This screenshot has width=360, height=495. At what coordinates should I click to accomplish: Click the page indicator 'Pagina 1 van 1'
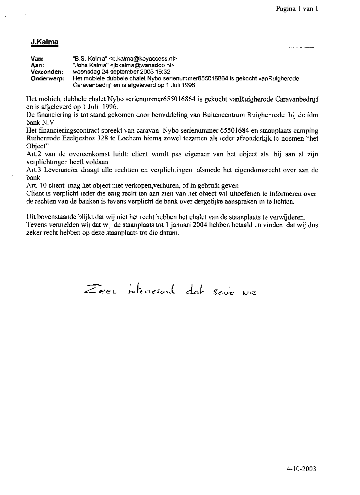[x=296, y=9]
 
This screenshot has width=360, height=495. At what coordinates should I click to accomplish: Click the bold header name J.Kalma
[x=44, y=42]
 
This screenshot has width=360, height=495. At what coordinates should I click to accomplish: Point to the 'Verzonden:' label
[x=47, y=72]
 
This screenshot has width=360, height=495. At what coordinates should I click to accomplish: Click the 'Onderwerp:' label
[x=47, y=78]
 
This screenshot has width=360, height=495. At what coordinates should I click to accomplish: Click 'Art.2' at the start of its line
[x=33, y=154]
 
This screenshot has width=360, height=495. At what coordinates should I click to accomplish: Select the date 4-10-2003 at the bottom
[x=301, y=468]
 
